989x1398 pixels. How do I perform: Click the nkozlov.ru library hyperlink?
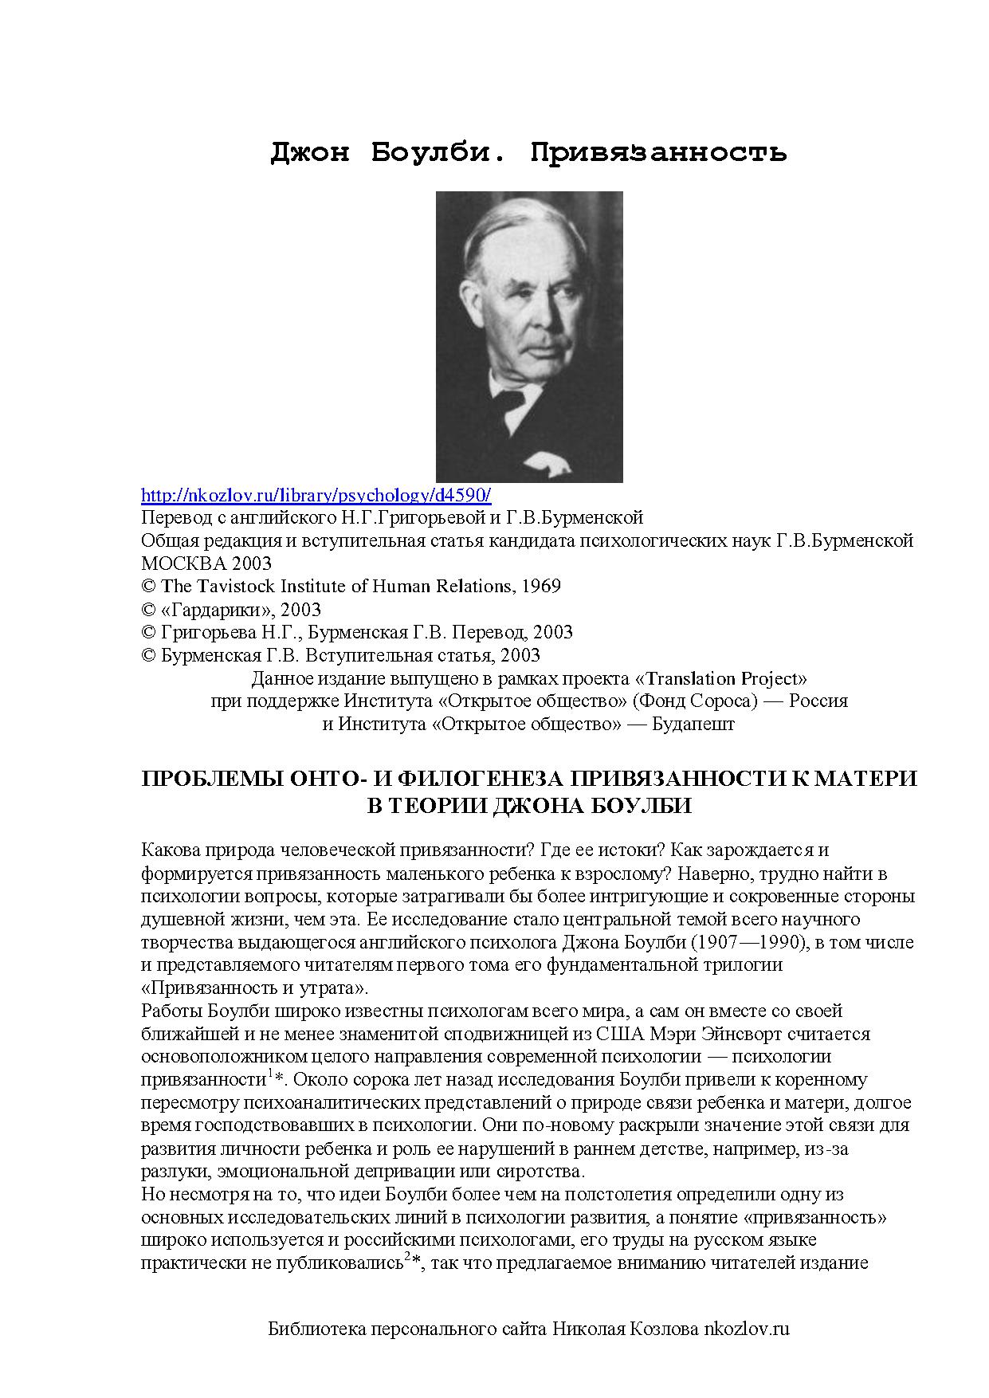(x=316, y=495)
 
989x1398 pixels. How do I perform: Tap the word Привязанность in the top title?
(x=658, y=151)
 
